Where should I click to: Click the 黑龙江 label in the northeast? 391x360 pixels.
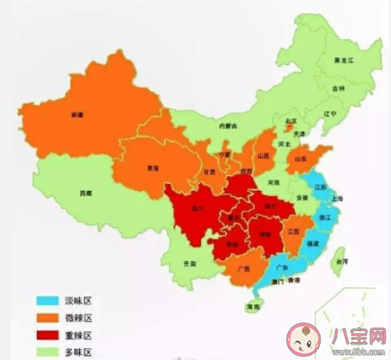tap(343, 59)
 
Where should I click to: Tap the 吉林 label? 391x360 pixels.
tap(337, 89)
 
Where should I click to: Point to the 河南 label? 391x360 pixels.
tap(272, 182)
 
